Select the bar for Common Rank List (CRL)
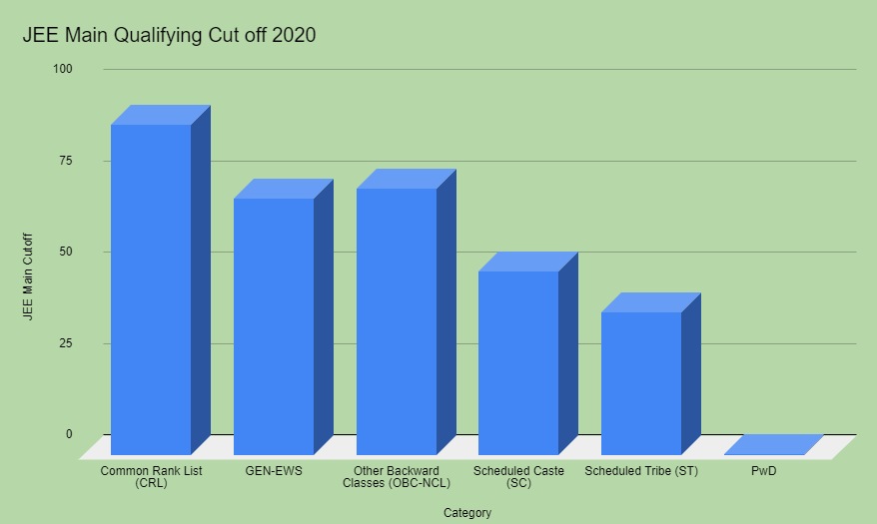151,289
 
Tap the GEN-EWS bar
274,326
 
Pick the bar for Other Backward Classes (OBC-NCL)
397,321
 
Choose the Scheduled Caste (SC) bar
518,362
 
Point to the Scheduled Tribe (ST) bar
641,383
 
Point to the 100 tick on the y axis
63,69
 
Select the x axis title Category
467,513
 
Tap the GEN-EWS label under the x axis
273,470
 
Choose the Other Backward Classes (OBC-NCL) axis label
396,476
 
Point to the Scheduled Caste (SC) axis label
518,476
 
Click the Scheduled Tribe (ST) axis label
641,470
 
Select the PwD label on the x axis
763,470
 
